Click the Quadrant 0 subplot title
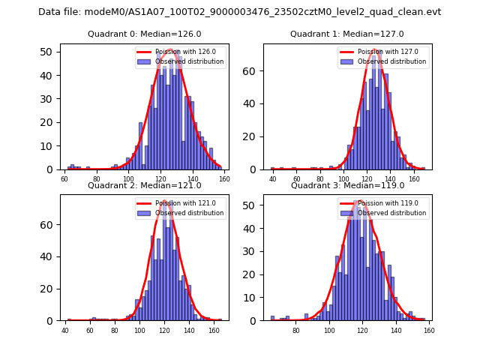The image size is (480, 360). pos(145,34)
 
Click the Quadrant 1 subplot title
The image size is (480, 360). pos(347,34)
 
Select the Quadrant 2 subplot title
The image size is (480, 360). pos(145,185)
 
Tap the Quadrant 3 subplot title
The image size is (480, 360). pos(347,185)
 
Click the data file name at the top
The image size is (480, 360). pos(240,12)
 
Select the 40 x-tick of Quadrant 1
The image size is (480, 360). pos(273,180)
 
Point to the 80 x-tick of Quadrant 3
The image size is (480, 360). pos(296,331)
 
